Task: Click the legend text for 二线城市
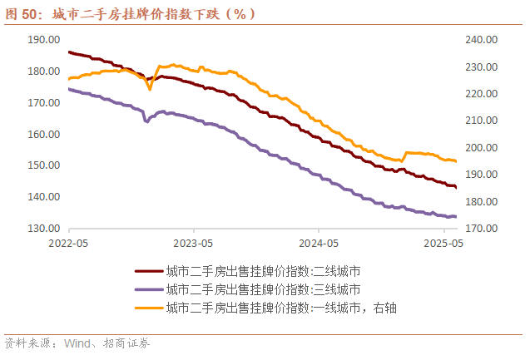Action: point(263,271)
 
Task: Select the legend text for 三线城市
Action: point(263,289)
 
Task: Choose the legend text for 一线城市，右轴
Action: point(280,308)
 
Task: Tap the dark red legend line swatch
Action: point(148,271)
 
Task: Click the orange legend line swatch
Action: point(148,308)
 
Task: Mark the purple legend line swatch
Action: point(148,289)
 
